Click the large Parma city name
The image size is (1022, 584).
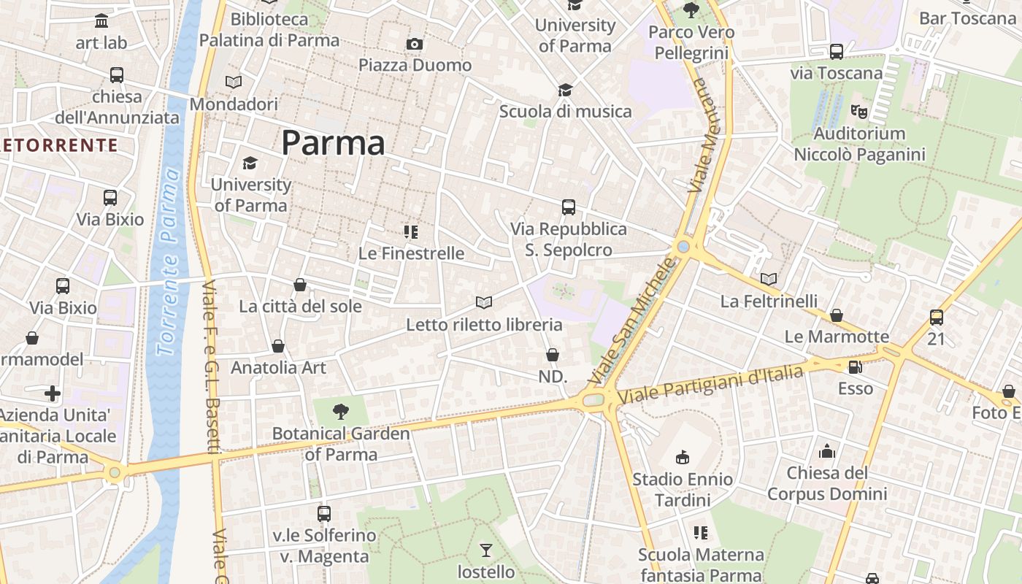(x=333, y=142)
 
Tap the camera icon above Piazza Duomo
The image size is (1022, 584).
(x=415, y=45)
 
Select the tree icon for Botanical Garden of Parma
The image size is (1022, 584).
(x=340, y=412)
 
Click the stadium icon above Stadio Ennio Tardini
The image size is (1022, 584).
(x=682, y=457)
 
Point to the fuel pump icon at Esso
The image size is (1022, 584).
(x=855, y=366)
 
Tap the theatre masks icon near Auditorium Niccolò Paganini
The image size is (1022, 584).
(x=859, y=112)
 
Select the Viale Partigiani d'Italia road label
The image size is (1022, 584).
(x=710, y=385)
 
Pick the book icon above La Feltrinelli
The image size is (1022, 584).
(x=769, y=279)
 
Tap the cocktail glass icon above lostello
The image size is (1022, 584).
(x=486, y=550)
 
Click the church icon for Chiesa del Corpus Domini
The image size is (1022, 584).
(x=827, y=451)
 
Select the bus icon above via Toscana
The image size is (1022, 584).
(x=837, y=52)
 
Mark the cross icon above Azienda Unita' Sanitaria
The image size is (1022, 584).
(x=53, y=394)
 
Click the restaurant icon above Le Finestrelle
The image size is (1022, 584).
(x=411, y=232)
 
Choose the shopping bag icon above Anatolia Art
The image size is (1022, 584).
(x=278, y=346)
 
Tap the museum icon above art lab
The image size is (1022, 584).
(x=101, y=20)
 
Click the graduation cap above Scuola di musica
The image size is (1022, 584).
(x=565, y=90)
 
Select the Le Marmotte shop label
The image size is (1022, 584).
(x=837, y=337)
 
